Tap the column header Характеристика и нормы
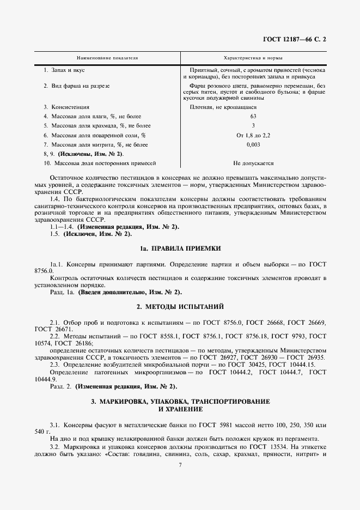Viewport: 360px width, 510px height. tap(253, 57)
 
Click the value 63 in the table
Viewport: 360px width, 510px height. tap(253, 117)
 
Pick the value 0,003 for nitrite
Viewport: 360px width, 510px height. tap(253, 144)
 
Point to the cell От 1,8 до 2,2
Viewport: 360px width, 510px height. tap(253, 135)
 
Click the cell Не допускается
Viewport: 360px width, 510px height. tap(253, 163)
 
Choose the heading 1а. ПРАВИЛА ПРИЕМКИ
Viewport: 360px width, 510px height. tap(180, 248)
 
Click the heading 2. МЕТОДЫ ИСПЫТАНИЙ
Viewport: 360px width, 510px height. tap(180, 307)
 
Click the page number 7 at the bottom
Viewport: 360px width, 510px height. tap(180, 465)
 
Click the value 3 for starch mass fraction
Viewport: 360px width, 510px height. tap(253, 126)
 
